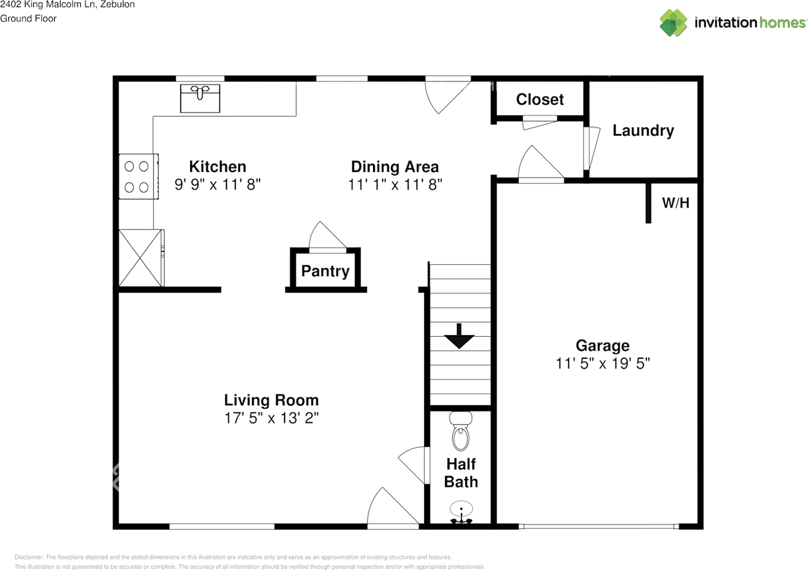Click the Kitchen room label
point(217,166)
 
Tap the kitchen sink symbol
point(200,98)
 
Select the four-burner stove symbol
point(137,177)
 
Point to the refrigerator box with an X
point(140,258)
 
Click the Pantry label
point(325,271)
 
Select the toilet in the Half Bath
point(461,432)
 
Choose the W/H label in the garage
point(675,203)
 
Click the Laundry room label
point(643,130)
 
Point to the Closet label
point(540,99)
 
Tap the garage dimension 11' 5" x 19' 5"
point(602,363)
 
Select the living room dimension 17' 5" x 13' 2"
point(271,418)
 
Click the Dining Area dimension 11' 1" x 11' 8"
point(395,185)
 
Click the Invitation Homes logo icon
point(674,23)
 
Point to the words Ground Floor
point(28,18)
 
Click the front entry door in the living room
point(391,509)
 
